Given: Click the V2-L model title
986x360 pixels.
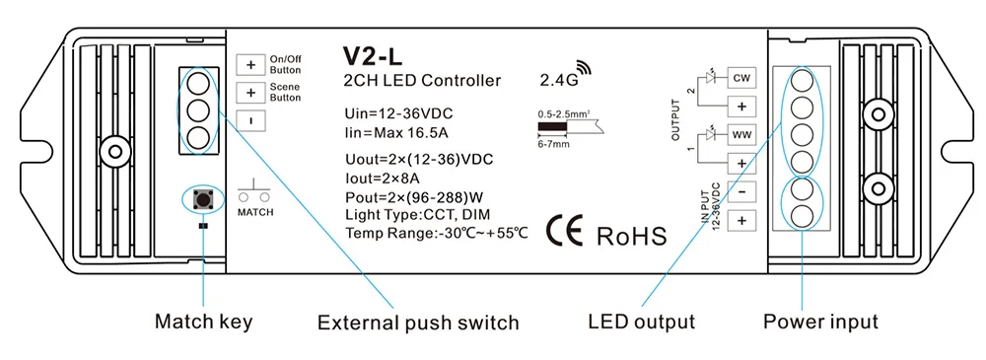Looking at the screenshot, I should click(x=374, y=56).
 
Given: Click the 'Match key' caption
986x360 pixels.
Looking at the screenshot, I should click(x=203, y=322).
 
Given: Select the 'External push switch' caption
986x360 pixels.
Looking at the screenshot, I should click(x=417, y=322).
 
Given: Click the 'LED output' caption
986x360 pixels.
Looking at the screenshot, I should click(x=641, y=322).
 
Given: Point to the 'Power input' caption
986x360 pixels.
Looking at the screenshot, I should click(x=820, y=322).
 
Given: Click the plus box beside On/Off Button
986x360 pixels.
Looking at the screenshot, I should click(x=250, y=65).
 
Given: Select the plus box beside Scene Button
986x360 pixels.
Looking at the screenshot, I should click(x=250, y=94).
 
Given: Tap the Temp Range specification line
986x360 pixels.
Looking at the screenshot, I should click(x=437, y=233).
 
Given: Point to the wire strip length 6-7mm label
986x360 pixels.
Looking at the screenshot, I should click(x=553, y=143).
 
